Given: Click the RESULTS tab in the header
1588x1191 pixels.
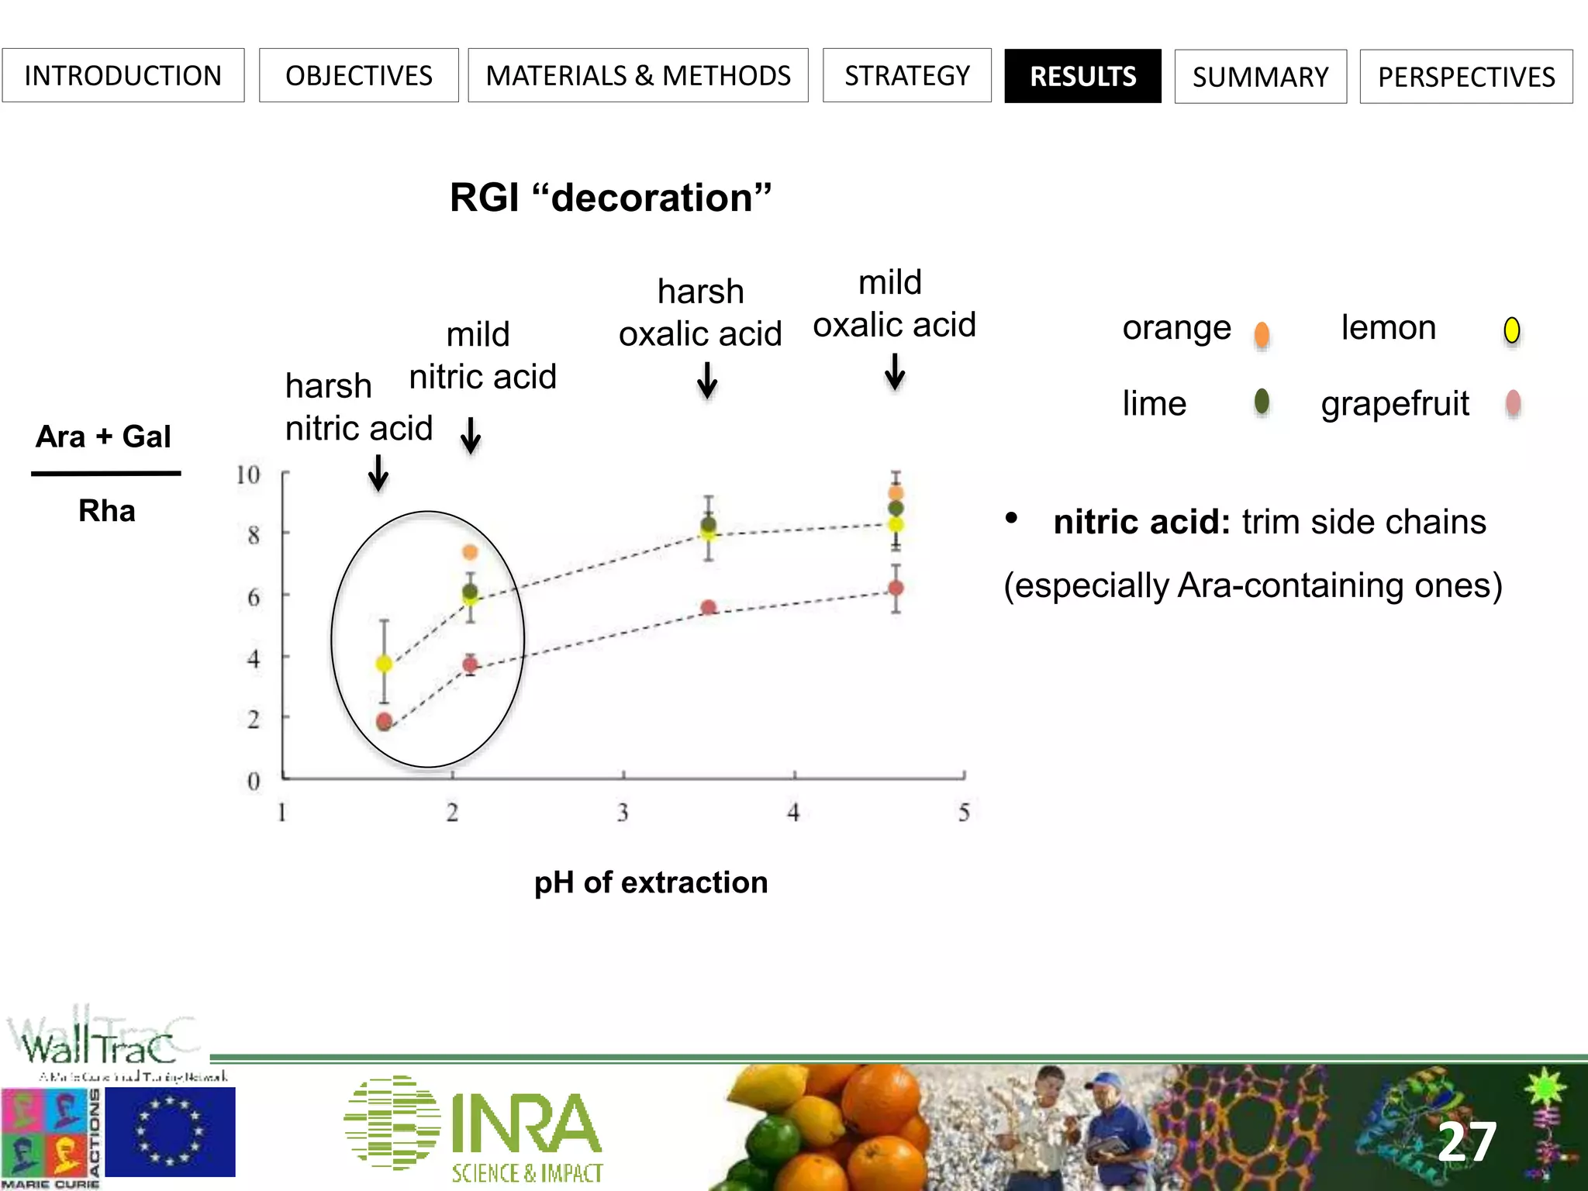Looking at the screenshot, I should point(1082,76).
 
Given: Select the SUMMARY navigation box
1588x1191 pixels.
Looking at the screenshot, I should point(1260,77).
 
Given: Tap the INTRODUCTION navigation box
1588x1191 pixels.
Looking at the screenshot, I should point(123,76).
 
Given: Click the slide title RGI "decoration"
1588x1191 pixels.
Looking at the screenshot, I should point(610,198).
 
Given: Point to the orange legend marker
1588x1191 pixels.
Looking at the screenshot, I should point(1262,334).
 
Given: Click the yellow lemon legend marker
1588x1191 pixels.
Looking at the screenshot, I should point(1511,331).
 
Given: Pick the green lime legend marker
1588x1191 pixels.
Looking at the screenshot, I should point(1262,402).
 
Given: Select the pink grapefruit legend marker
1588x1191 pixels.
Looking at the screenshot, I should point(1513,403).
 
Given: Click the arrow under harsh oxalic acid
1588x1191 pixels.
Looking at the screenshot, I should point(706,381).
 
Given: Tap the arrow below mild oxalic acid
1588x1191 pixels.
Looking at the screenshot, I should point(895,371).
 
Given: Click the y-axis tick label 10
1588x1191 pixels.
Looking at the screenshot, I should point(248,475).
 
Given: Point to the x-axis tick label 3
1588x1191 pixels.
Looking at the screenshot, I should point(623,813).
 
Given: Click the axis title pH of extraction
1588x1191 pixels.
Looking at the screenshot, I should point(651,882).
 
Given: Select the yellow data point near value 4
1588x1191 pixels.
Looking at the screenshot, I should point(384,664).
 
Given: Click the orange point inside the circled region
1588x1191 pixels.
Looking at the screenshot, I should point(470,552).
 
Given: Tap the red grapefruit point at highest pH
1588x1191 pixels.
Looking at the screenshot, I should point(896,589).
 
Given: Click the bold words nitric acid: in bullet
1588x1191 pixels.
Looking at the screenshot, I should point(1141,522).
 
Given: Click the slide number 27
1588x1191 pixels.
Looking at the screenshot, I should point(1466,1141).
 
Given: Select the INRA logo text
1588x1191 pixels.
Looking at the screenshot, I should point(526,1124).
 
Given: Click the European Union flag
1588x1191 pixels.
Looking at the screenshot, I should point(170,1132).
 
